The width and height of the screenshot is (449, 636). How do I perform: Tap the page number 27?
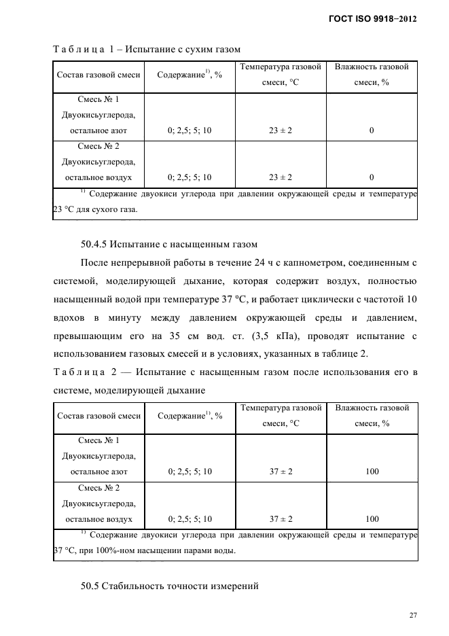[412, 615]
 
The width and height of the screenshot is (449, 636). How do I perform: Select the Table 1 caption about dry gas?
[146, 49]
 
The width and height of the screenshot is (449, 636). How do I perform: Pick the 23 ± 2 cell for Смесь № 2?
[281, 177]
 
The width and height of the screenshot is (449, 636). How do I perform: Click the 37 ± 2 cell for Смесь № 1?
[281, 472]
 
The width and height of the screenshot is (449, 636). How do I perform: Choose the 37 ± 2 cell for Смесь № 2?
[281, 518]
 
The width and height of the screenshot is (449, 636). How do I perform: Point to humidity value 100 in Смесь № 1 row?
[372, 472]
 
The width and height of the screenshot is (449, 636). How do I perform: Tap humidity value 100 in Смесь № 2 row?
[372, 518]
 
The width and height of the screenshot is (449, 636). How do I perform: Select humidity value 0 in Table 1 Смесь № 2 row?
[372, 177]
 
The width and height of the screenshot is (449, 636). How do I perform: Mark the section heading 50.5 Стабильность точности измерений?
[169, 586]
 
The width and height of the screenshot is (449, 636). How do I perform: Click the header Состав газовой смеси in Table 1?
[99, 75]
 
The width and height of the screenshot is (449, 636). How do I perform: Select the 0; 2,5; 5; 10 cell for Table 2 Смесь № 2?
[190, 518]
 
